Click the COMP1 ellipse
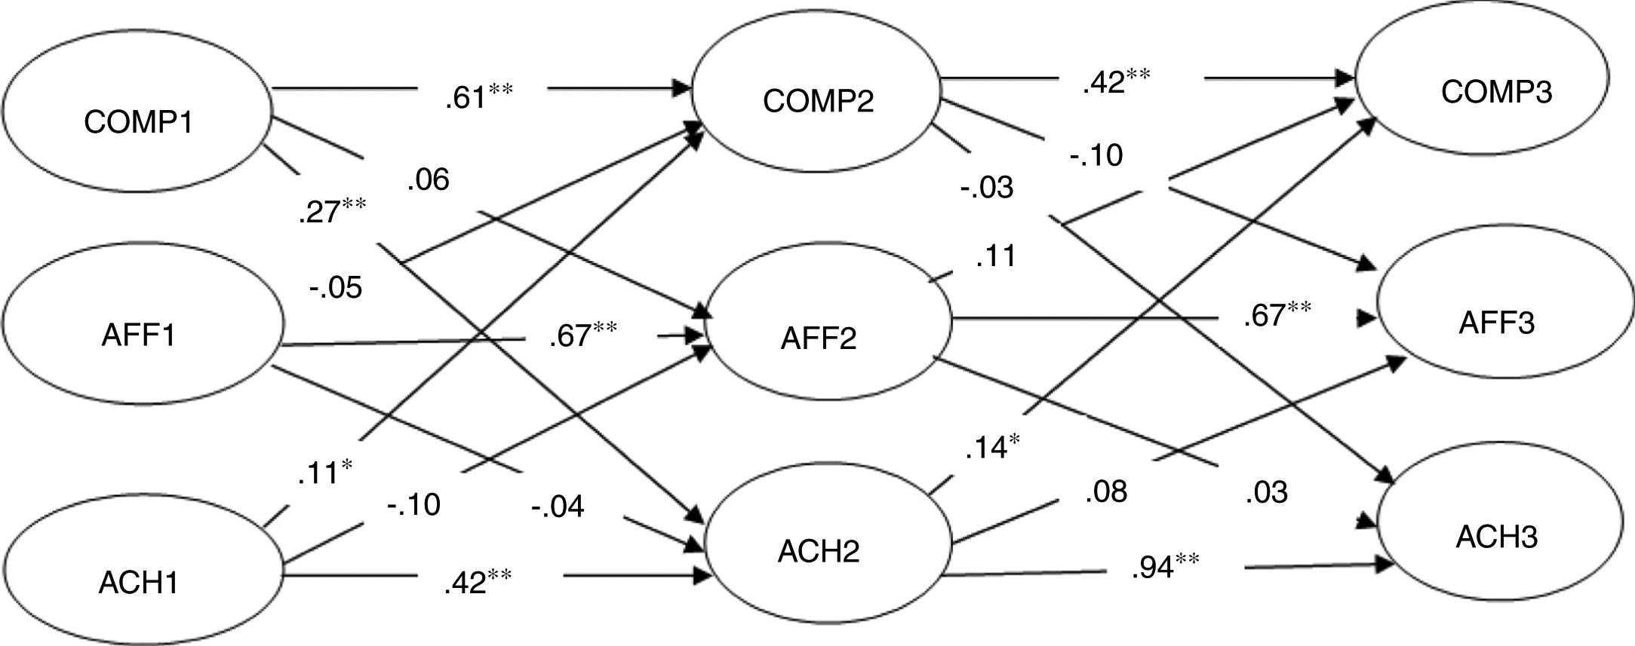[x=137, y=121]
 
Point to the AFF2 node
[x=819, y=338]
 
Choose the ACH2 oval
[x=819, y=553]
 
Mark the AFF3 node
[x=1497, y=323]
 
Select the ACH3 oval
[x=1497, y=537]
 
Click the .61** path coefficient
[x=478, y=97]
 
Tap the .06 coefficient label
[x=428, y=180]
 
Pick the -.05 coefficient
[x=336, y=287]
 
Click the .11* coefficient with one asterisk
[x=324, y=473]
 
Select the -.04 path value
[x=558, y=506]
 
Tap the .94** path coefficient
[x=1165, y=567]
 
